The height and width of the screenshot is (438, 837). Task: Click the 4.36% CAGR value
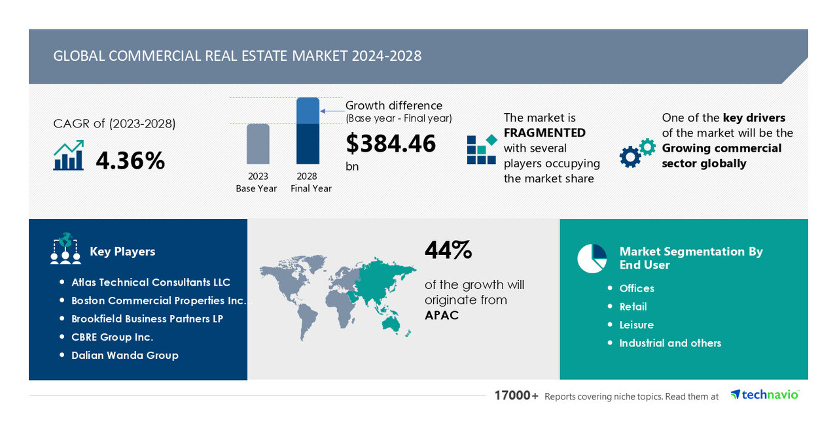130,160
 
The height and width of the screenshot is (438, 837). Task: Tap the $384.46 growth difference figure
391,143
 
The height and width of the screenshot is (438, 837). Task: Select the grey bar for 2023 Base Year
258,144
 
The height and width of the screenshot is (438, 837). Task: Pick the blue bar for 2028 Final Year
308,131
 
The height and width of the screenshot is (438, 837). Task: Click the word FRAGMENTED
544,133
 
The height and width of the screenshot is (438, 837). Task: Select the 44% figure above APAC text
448,250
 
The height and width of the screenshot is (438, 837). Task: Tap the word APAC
442,315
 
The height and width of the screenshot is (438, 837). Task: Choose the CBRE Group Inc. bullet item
112,337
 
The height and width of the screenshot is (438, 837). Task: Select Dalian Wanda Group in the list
124,356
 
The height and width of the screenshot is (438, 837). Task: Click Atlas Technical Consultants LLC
151,282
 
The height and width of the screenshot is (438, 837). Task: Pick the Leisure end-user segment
636,325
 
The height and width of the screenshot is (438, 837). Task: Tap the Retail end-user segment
633,307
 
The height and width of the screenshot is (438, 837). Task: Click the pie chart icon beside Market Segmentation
592,258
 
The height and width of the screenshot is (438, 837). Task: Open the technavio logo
764,395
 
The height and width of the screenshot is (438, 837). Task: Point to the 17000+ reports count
516,396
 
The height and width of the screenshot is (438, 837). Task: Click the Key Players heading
122,252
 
